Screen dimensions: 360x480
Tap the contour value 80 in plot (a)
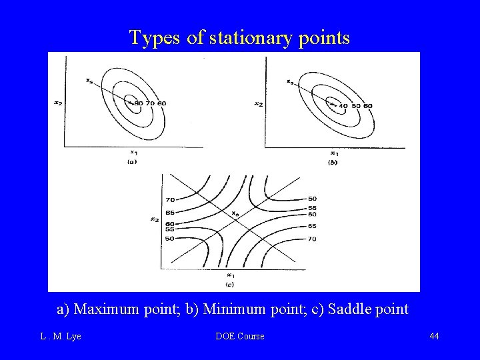click(139, 103)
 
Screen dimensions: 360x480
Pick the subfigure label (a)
click(132, 162)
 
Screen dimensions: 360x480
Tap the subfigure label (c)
click(229, 285)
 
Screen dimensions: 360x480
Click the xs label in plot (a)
click(90, 81)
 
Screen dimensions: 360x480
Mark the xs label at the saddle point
click(235, 213)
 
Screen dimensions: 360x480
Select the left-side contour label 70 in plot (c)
click(169, 199)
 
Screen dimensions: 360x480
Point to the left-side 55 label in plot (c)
click(169, 229)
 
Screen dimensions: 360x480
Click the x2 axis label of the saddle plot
click(155, 219)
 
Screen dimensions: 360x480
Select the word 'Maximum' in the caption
click(103, 309)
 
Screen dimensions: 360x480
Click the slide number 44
click(434, 336)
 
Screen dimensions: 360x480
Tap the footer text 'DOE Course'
click(240, 336)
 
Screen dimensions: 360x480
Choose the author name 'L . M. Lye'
click(61, 336)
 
